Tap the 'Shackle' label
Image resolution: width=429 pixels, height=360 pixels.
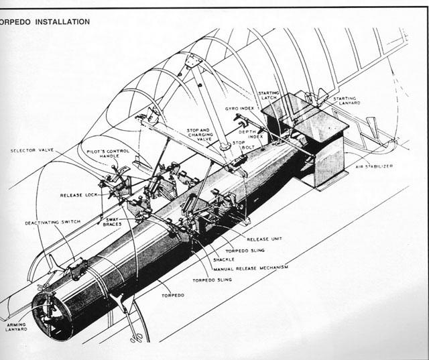[225, 259]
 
